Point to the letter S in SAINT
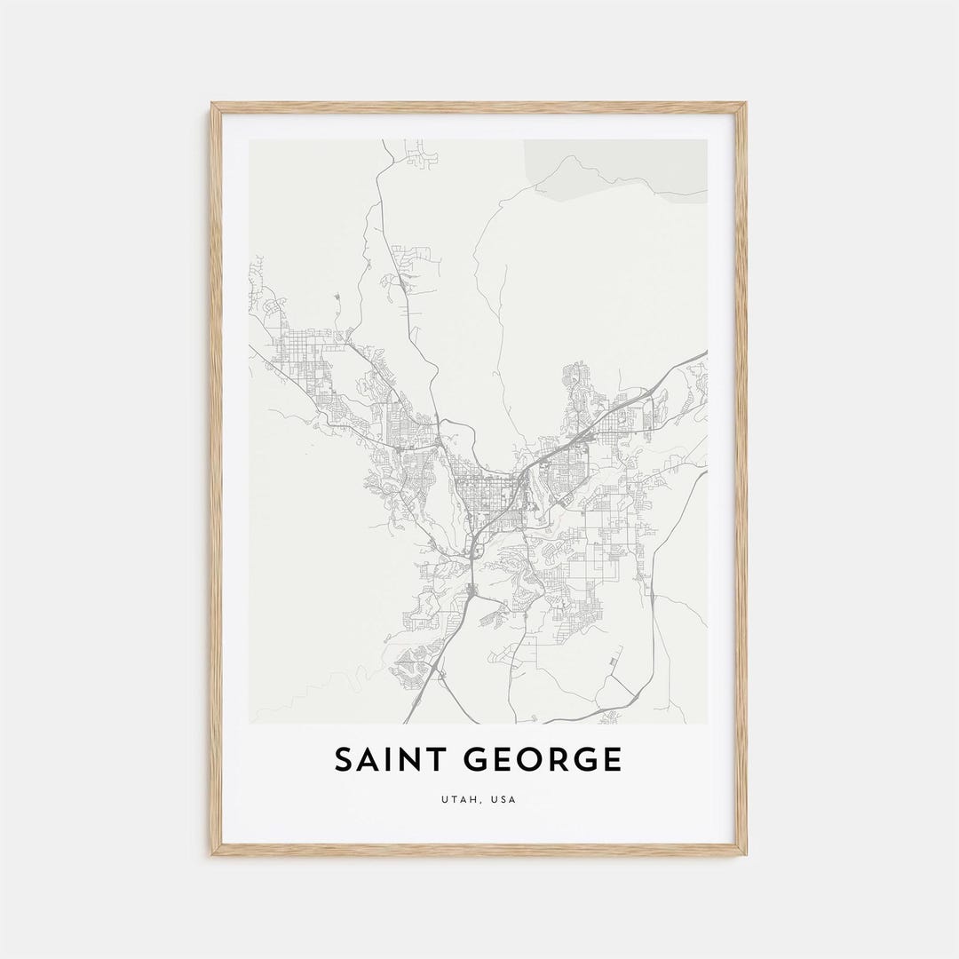(344, 760)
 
